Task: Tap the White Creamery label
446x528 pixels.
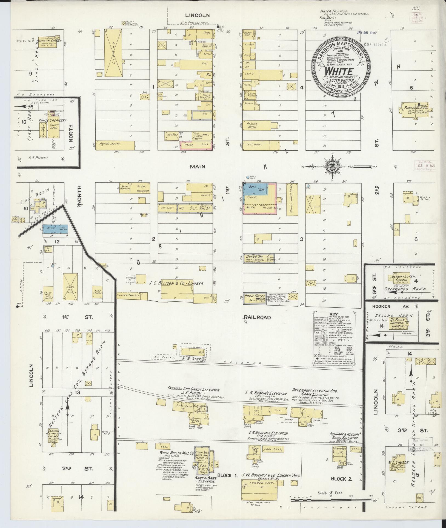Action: tap(53, 120)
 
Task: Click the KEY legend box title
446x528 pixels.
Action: tap(334, 314)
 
